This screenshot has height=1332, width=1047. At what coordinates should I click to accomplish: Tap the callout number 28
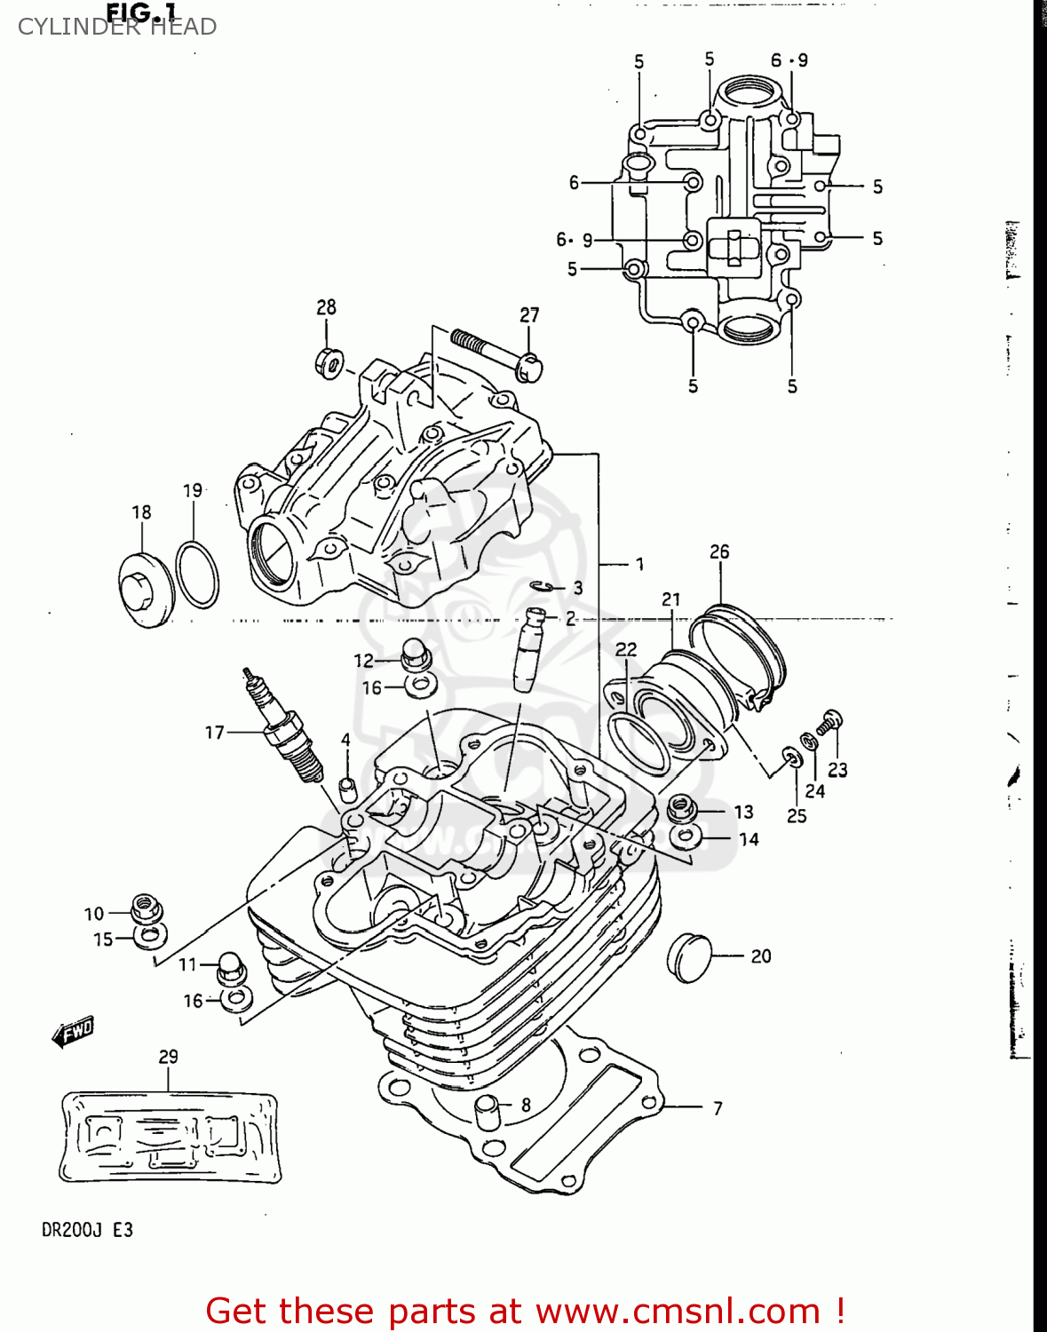326,307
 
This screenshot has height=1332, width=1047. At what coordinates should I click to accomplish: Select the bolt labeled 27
497,353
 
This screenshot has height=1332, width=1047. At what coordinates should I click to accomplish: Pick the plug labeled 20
690,956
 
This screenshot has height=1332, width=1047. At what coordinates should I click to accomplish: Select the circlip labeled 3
544,586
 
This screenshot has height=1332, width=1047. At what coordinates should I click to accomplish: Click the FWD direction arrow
73,1032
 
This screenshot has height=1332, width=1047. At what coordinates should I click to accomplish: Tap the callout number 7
718,1108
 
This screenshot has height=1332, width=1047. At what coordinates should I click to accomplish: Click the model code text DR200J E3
87,1230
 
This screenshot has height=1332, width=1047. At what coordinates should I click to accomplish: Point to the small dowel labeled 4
347,787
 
